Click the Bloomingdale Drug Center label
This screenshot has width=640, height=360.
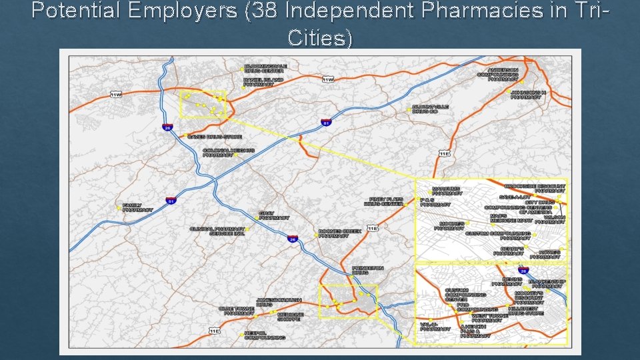265,69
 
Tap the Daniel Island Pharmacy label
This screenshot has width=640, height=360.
263,82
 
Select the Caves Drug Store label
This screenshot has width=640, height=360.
214,137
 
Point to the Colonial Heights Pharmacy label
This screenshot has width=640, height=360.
229,153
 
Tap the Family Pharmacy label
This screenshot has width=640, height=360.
137,208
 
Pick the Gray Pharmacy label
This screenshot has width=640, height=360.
274,215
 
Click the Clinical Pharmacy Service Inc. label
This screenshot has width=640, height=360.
218,231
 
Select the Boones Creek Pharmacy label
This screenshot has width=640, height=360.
339,233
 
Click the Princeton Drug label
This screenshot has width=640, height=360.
367,270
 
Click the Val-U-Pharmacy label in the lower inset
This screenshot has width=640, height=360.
435,327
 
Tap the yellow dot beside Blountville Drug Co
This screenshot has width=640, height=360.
408,109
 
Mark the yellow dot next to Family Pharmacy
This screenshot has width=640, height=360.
119,208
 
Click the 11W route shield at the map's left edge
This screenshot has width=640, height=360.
116,95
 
